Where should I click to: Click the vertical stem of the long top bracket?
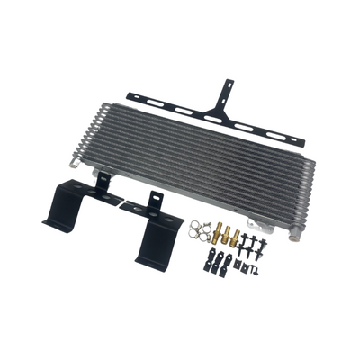(x=221, y=94)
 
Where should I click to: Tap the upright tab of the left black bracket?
(x=104, y=184)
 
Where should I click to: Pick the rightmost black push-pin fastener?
(x=267, y=246)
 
